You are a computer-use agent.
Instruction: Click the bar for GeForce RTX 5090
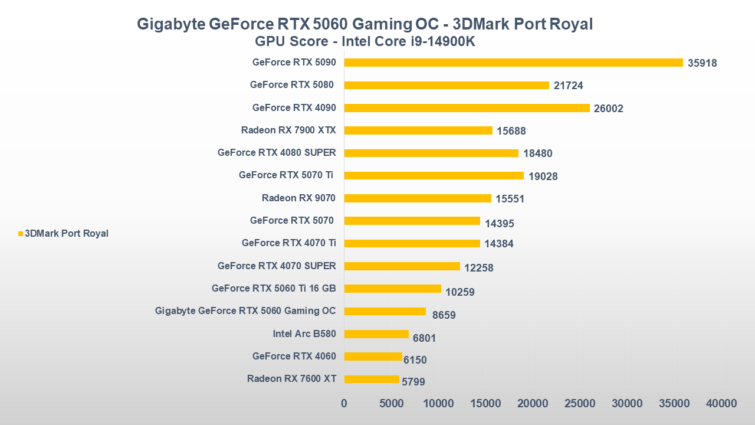click(513, 63)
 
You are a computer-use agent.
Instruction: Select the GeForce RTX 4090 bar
click(467, 108)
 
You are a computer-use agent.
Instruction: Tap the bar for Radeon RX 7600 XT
click(372, 379)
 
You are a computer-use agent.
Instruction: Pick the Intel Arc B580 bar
click(376, 334)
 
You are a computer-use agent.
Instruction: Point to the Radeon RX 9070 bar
click(418, 198)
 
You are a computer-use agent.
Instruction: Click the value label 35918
click(702, 63)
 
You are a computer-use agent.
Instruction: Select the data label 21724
click(568, 86)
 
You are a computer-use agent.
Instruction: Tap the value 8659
click(444, 315)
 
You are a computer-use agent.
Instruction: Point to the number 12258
click(478, 268)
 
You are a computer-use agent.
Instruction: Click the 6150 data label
click(415, 360)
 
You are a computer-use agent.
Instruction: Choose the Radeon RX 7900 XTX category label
click(288, 130)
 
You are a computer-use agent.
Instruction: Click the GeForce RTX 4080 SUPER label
click(277, 153)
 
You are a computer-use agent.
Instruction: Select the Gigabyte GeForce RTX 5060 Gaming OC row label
click(245, 311)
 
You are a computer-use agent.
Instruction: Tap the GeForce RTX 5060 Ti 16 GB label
click(274, 289)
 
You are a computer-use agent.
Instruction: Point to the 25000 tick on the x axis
click(580, 404)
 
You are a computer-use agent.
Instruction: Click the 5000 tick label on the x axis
click(391, 404)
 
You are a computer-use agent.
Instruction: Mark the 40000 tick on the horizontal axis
click(721, 404)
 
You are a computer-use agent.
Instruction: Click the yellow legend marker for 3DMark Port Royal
click(21, 234)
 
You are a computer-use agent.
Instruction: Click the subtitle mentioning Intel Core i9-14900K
click(365, 41)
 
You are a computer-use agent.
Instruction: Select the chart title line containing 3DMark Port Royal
click(365, 24)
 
